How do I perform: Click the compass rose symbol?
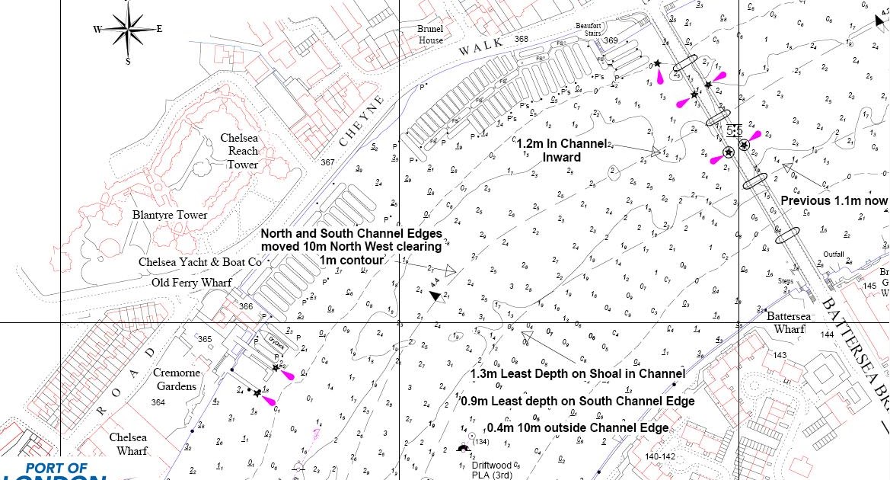coord(129,30)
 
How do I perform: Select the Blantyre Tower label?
coord(170,215)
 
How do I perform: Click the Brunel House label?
coord(429,34)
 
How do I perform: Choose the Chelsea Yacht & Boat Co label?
coord(200,262)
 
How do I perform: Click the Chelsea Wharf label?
coord(128,444)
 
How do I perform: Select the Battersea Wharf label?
coord(790,322)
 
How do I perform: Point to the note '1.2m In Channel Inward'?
coord(562,150)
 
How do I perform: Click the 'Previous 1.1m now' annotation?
coord(834,201)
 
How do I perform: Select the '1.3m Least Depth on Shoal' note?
coord(578,373)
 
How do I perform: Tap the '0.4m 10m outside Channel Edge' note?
coord(578,428)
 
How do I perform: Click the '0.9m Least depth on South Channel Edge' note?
coord(578,401)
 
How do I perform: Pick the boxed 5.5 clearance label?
coord(734,130)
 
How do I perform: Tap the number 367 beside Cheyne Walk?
coord(328,162)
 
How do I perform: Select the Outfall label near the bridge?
coord(834,254)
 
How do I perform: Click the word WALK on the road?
coord(481,46)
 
